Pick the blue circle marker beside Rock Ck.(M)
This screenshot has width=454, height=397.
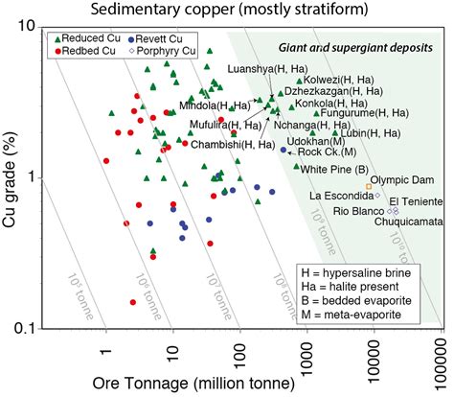click(x=283, y=150)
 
